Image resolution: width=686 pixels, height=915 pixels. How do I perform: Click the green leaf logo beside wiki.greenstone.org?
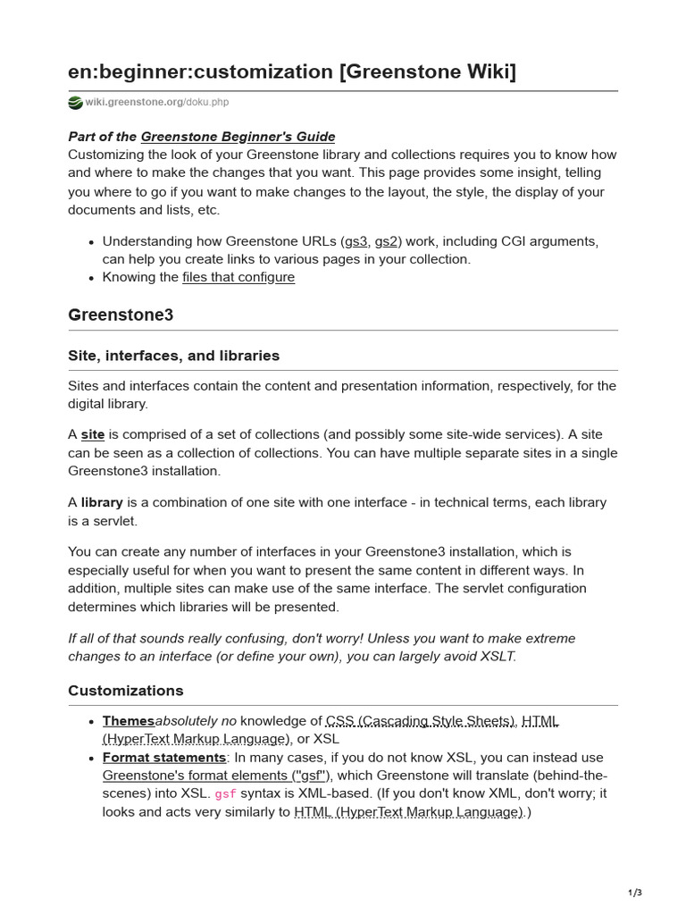75,103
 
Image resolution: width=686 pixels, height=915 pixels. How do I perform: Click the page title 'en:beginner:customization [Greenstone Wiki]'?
292,71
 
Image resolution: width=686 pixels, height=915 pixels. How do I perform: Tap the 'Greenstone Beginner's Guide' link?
238,137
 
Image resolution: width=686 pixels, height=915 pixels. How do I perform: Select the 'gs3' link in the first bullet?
355,241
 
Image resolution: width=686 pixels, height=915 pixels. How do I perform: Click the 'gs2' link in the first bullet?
386,241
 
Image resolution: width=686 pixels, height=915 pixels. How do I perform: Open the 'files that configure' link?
238,277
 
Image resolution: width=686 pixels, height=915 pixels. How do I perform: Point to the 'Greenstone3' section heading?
121,315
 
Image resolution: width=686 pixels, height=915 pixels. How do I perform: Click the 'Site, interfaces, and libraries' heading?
173,356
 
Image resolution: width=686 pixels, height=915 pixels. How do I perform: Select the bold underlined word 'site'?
93,435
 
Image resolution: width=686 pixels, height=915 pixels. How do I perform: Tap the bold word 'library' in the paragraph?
102,503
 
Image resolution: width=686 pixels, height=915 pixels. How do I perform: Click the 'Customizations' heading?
126,691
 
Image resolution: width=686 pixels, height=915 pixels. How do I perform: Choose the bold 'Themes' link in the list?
129,721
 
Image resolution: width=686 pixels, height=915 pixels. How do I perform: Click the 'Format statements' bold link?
164,758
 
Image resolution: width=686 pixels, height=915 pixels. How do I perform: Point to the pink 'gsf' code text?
226,794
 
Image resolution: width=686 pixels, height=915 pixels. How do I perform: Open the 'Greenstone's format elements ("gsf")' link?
216,776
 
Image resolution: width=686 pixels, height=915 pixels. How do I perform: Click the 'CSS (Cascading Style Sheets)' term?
421,721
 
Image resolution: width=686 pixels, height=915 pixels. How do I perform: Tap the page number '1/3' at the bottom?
634,893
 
